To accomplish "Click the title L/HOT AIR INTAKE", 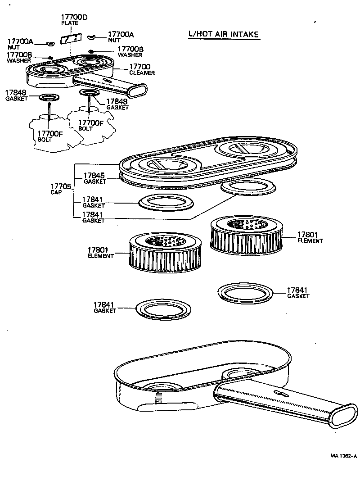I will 224,34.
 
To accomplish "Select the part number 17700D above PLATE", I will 74,18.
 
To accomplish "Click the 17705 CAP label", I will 60,188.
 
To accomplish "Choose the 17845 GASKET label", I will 94,178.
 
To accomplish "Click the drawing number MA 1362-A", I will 343,456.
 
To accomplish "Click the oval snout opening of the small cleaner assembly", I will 138,89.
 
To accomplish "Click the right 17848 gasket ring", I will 88,92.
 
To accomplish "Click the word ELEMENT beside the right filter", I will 310,241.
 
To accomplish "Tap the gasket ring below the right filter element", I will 247,293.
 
